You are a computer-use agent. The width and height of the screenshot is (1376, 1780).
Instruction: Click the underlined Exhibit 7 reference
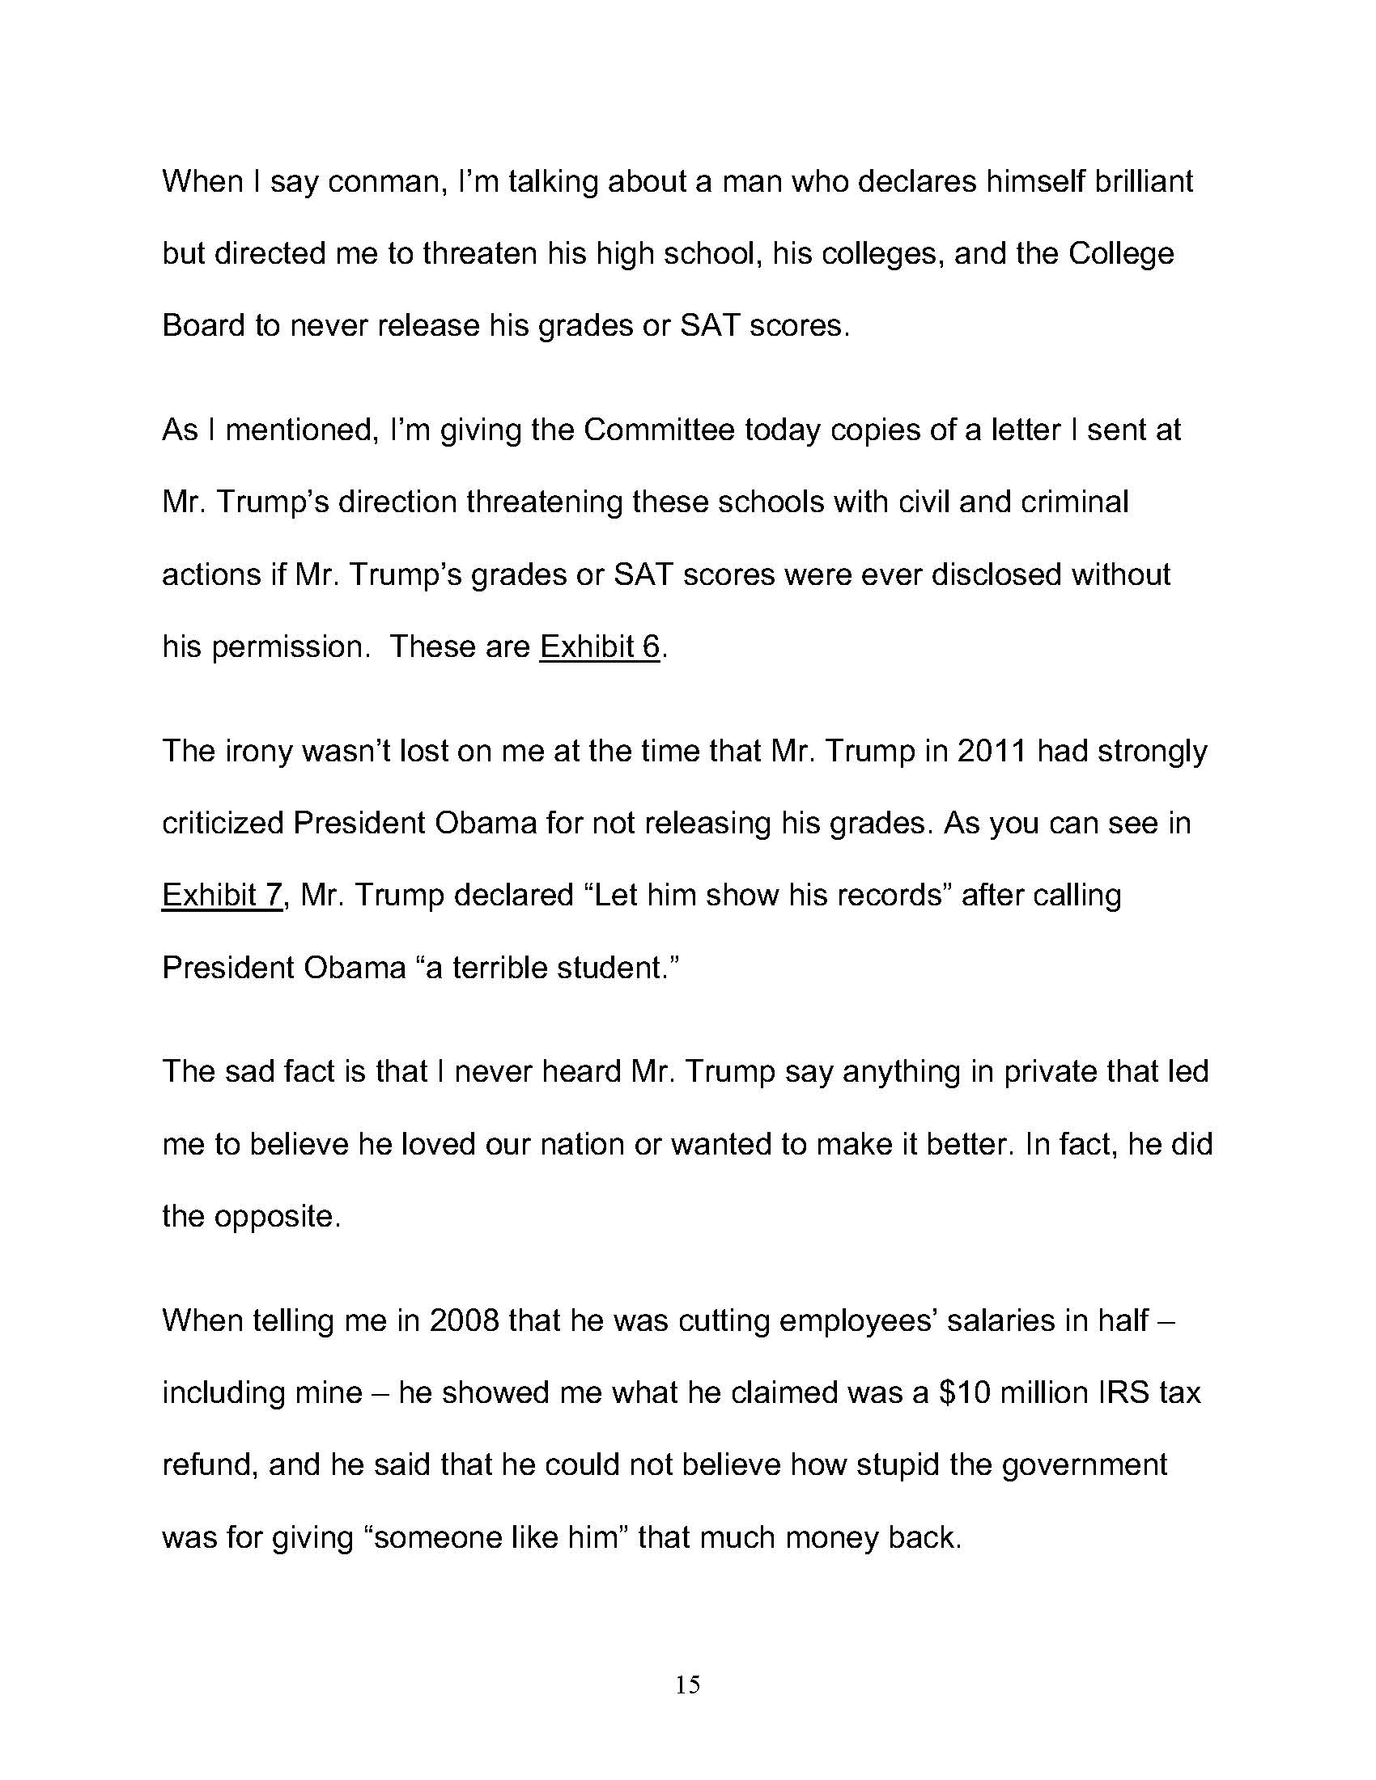tap(222, 895)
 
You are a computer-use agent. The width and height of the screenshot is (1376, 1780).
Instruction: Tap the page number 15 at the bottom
tap(688, 1684)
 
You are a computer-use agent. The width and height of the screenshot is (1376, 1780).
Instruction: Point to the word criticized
tap(222, 823)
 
